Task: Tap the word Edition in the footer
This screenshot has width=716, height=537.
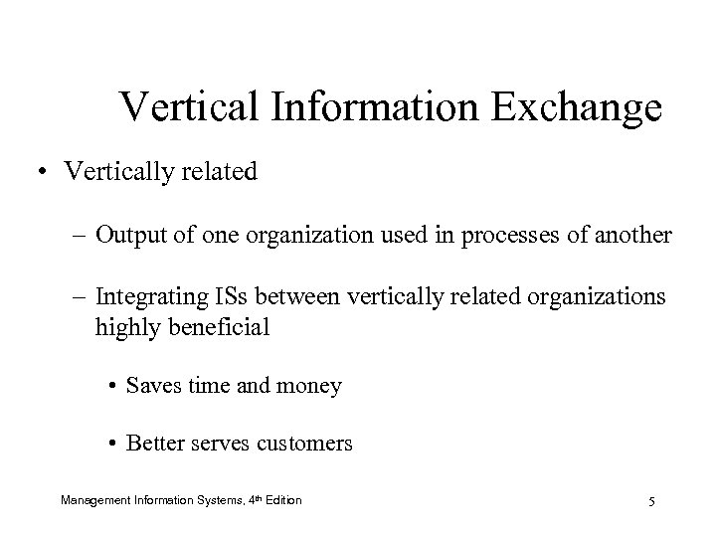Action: click(x=281, y=499)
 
